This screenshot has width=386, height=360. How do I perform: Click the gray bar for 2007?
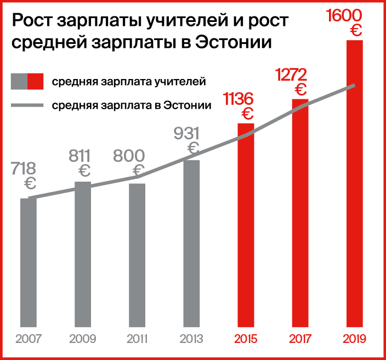tap(29, 262)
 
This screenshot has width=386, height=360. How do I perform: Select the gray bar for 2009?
tap(83, 254)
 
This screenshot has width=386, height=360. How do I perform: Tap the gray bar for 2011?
tap(137, 255)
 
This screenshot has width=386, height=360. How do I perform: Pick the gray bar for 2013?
tap(191, 244)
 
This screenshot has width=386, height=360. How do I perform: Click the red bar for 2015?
tap(246, 225)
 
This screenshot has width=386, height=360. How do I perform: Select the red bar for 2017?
tap(300, 213)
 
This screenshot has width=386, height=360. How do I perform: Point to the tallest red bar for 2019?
tap(354, 184)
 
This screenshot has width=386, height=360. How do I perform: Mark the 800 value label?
tap(129, 156)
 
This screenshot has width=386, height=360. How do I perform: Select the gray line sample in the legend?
tap(27, 105)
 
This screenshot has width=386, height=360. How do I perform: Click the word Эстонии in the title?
tap(234, 43)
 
